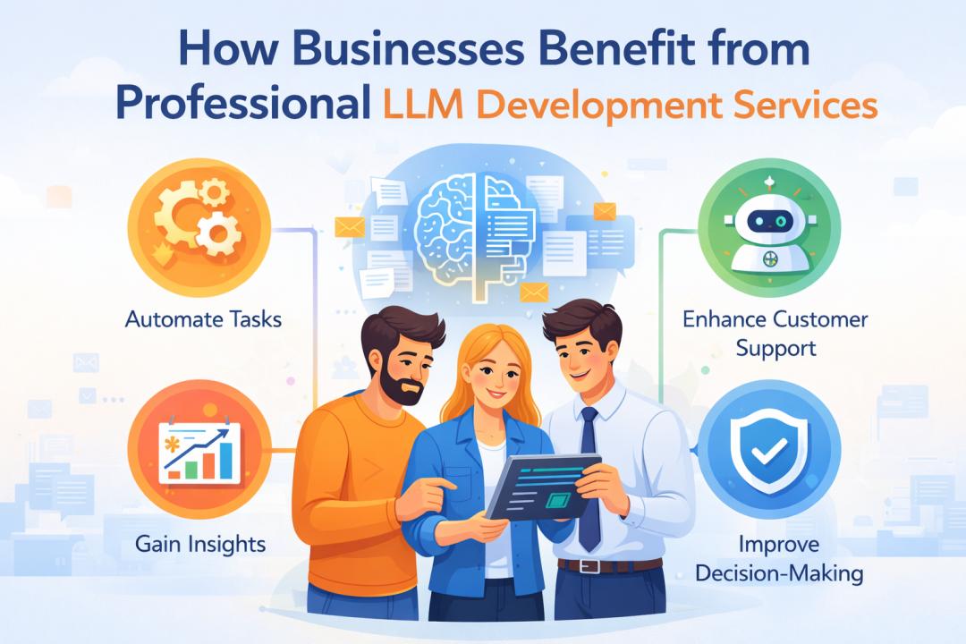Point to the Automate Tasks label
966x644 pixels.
tap(203, 318)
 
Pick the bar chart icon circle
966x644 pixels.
tap(198, 451)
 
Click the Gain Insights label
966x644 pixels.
tap(200, 543)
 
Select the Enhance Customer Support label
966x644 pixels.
tap(775, 333)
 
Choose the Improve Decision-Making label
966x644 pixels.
tap(775, 559)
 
